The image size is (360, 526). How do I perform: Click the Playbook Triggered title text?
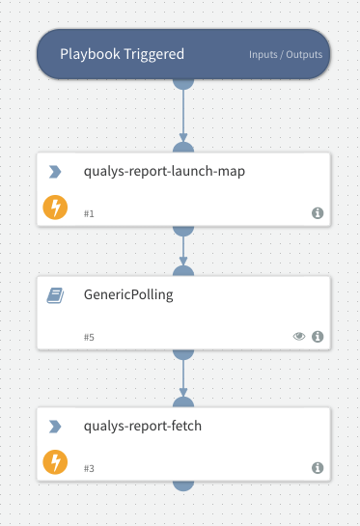(122, 54)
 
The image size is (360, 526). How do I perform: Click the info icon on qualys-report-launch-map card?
(318, 212)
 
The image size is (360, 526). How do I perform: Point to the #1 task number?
(89, 213)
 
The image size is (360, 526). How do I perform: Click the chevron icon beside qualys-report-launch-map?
(55, 172)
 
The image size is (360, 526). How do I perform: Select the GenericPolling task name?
(128, 294)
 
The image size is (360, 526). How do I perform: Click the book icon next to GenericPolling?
(55, 295)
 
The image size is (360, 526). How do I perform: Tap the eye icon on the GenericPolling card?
(299, 337)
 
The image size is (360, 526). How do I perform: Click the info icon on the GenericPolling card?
(318, 337)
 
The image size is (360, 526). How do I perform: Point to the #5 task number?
(89, 337)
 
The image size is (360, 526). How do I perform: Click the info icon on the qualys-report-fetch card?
(318, 467)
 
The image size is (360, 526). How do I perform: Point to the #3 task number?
(89, 468)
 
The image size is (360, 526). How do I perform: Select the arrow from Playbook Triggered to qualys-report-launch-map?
(182, 116)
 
